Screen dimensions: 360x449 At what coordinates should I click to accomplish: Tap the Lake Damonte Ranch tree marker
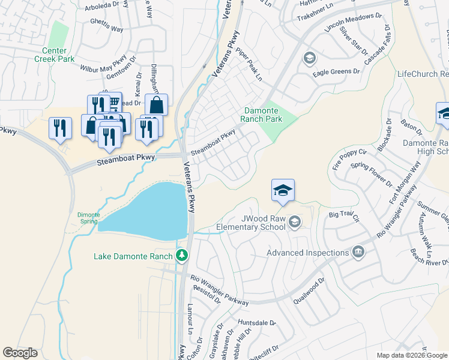tap(182, 256)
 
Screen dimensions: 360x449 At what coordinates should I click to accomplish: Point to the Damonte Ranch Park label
tap(262, 115)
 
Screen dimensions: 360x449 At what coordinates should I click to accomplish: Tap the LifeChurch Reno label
tap(423, 74)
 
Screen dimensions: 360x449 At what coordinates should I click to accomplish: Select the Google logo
tap(20, 353)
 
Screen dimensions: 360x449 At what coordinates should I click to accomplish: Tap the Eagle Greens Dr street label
tap(336, 71)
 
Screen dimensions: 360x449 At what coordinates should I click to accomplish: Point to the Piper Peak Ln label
tap(249, 65)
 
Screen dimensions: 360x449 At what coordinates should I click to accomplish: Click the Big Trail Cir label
tap(343, 214)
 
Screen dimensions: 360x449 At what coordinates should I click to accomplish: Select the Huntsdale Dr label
tap(256, 323)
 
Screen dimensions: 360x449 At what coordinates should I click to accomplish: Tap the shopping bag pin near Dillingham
tap(156, 105)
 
